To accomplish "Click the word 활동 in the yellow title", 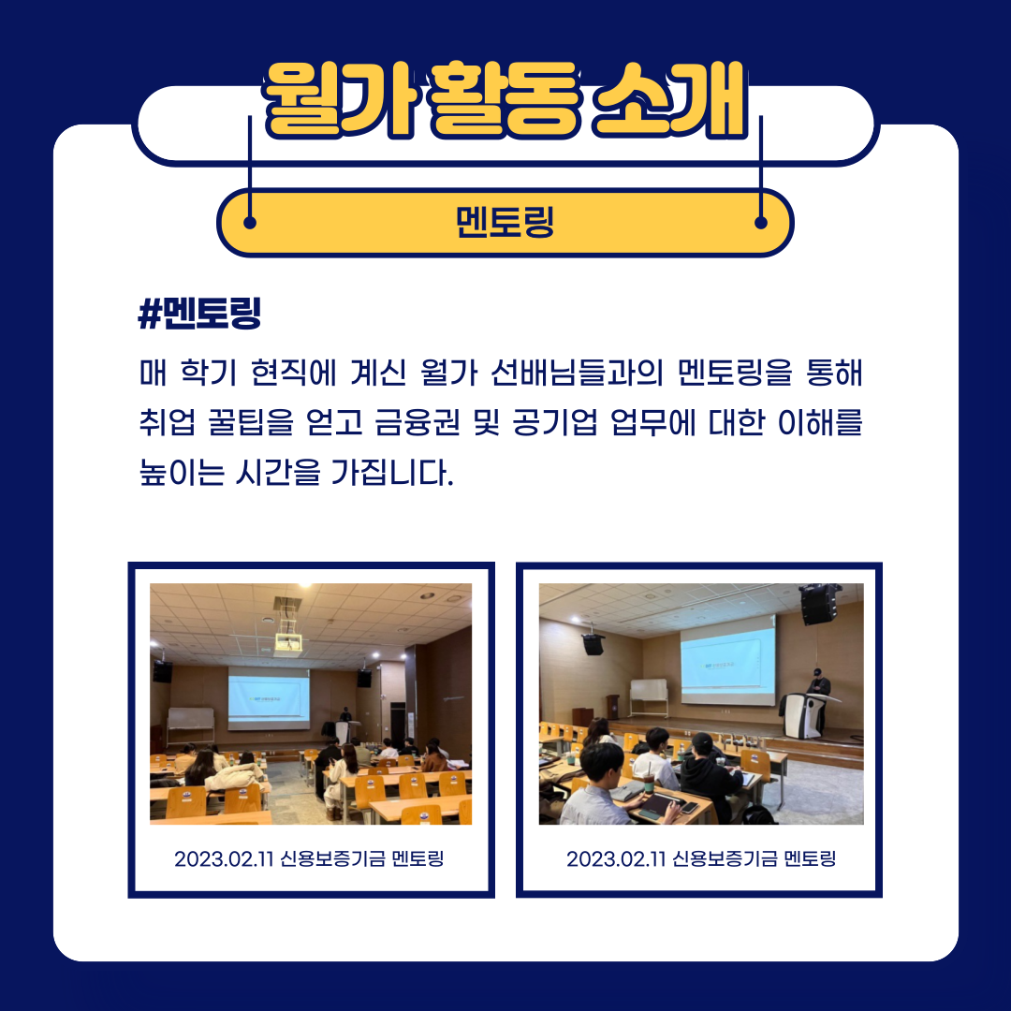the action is pos(505,100).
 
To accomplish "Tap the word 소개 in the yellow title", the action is pos(670,100).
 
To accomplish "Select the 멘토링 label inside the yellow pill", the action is pos(505,222).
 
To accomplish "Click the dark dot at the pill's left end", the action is pos(250,223).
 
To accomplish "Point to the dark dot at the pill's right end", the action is pos(761,223).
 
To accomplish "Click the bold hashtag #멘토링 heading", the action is pos(200,314).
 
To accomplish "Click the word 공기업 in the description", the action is pos(555,423).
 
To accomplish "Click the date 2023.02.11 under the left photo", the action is pos(225,858).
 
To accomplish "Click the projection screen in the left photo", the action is pos(269,698).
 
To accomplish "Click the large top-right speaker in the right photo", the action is pos(819,604).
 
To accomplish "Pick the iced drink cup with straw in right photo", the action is pos(649,782).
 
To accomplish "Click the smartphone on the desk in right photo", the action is pos(689,808).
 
